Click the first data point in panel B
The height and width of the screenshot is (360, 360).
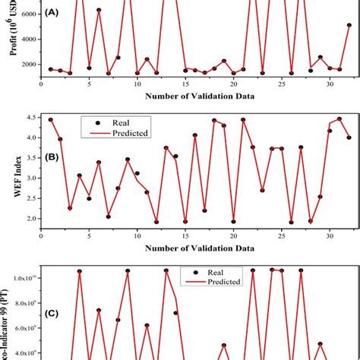tap(51, 120)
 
